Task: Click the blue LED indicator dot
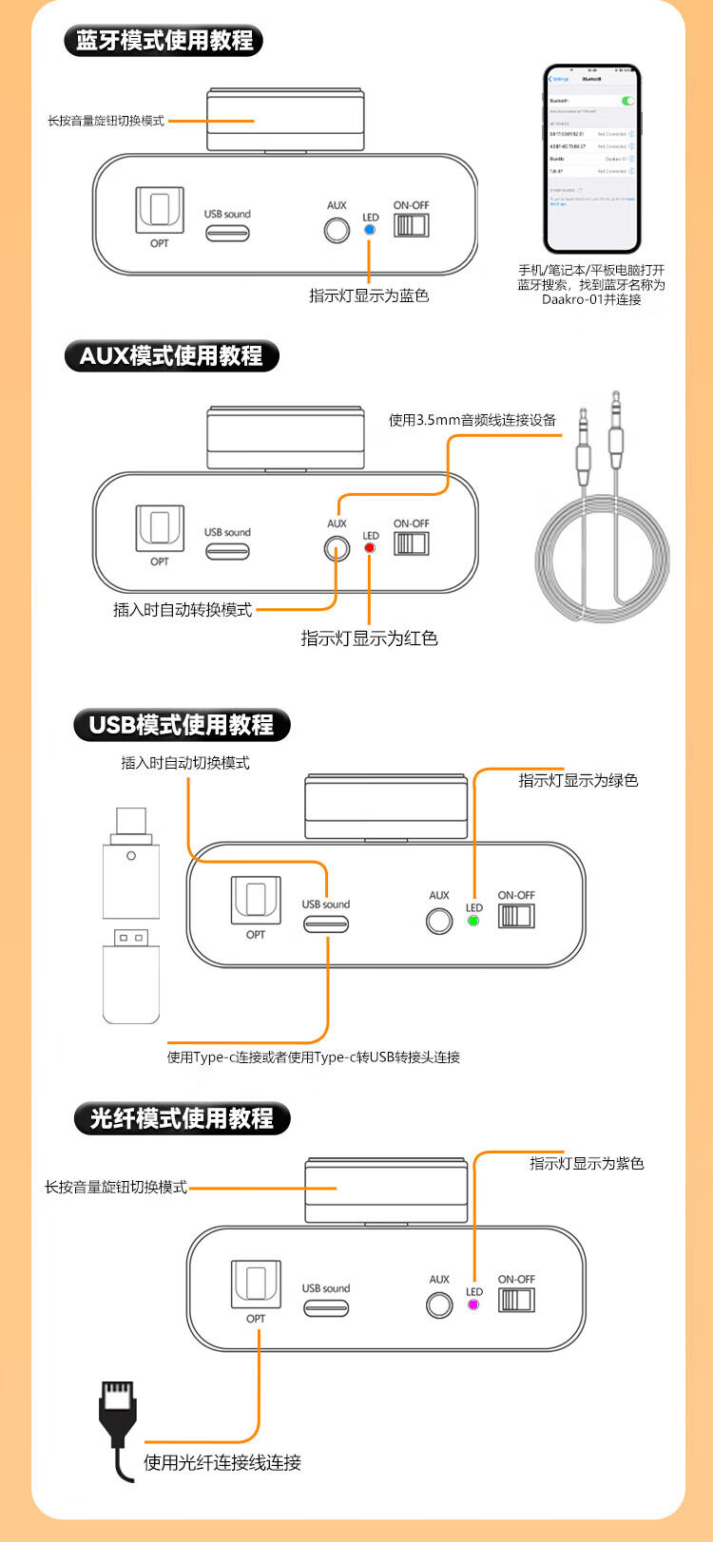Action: [x=370, y=230]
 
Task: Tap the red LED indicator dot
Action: [x=370, y=548]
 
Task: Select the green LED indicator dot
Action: [x=473, y=921]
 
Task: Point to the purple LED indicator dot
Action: [x=473, y=1304]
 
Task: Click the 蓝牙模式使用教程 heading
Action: [x=164, y=41]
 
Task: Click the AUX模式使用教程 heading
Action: [x=171, y=356]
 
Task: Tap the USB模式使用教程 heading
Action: [x=181, y=725]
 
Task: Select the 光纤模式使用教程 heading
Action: [x=181, y=1118]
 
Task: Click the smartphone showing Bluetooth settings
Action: [x=591, y=159]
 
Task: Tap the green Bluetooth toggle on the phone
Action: [x=627, y=100]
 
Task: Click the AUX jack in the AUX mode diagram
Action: [x=337, y=548]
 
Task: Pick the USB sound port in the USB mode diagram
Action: [x=326, y=923]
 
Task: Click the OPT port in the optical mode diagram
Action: [x=256, y=1283]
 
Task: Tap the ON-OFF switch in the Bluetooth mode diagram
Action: [x=412, y=225]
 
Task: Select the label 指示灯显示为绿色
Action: [x=578, y=781]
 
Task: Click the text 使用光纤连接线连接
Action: [x=222, y=1462]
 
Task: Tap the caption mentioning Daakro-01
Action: [x=591, y=285]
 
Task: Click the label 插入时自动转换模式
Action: [x=183, y=610]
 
